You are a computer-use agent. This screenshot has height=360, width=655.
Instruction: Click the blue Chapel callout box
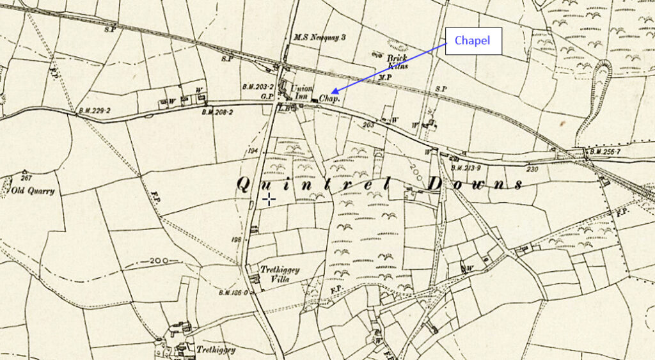[x=473, y=41]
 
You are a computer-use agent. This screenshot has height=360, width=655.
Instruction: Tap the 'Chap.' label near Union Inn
[x=328, y=99]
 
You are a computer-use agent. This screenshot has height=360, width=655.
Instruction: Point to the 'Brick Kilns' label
[x=397, y=61]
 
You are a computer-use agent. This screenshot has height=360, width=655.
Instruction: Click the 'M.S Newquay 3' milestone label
[x=319, y=38]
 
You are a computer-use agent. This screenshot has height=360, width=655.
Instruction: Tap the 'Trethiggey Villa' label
[x=280, y=274]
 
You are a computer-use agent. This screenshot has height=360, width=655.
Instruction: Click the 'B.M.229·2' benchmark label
[x=94, y=110]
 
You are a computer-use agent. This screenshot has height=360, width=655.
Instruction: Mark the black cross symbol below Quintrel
[x=269, y=199]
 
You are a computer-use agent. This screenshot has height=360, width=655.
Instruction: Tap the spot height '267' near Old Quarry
[x=26, y=178]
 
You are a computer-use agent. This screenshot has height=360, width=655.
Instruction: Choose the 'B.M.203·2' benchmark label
[x=258, y=86]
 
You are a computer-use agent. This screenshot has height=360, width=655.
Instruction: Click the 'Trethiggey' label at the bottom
[x=216, y=350]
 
